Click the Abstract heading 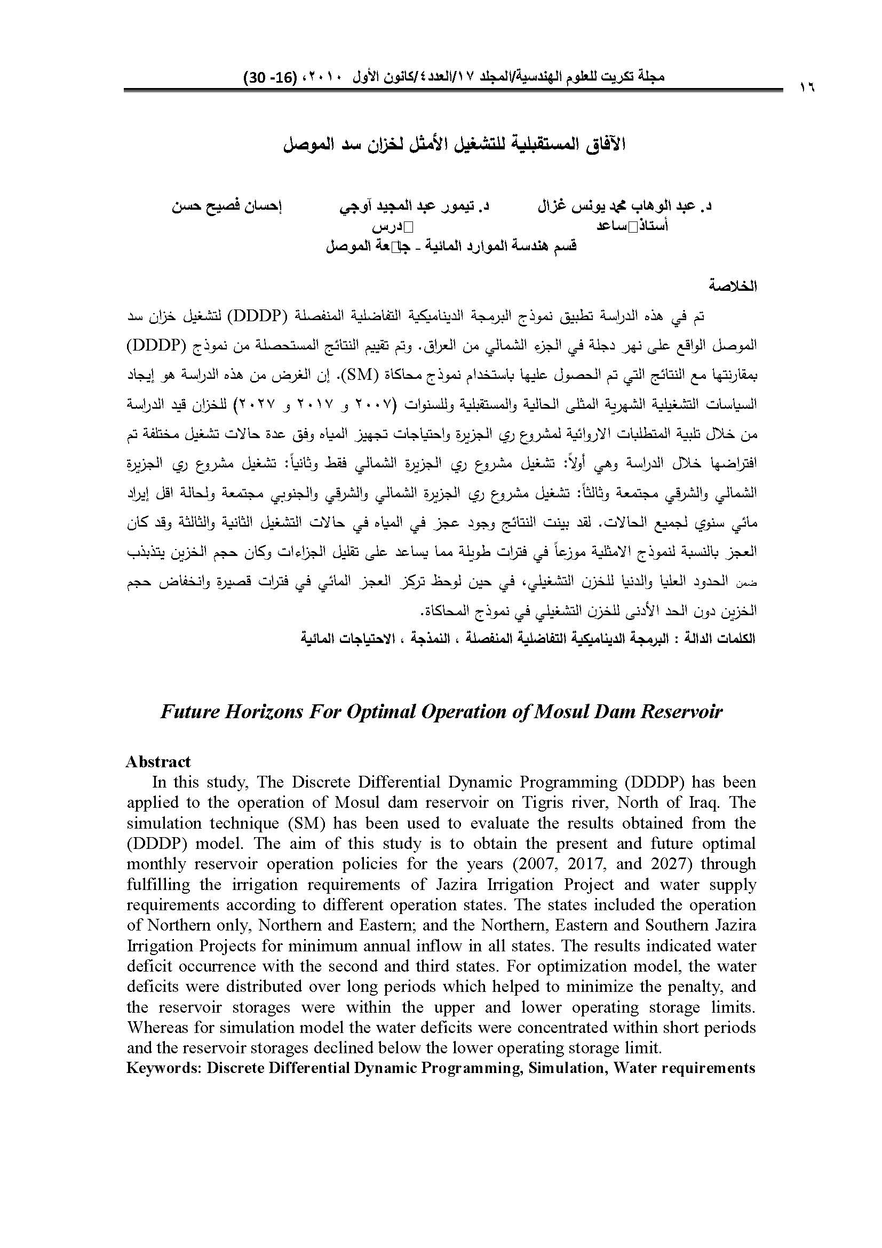click(x=158, y=761)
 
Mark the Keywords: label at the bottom click(x=164, y=1068)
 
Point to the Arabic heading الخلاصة click(x=735, y=287)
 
